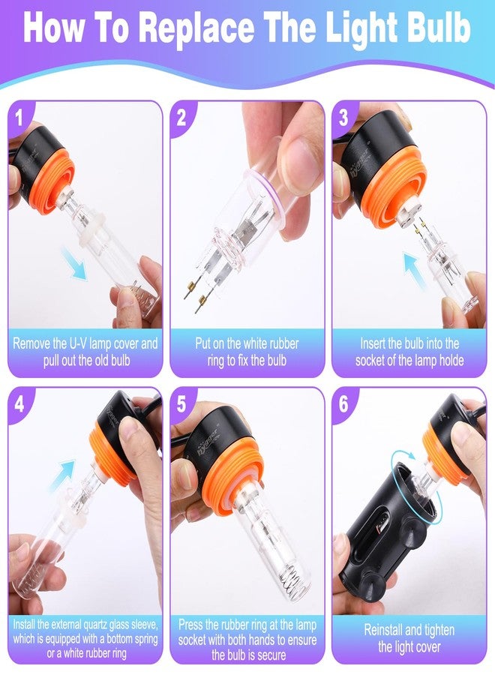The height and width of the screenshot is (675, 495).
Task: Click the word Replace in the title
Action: (197, 28)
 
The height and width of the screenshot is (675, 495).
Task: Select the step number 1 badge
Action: (19, 117)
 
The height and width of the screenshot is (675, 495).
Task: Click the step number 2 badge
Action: (181, 117)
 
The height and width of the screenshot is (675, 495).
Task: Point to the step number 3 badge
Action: (343, 117)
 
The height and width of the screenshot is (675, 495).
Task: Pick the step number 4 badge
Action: (19, 405)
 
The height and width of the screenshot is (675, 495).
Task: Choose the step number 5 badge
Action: (181, 405)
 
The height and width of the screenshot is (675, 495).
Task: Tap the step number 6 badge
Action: (343, 405)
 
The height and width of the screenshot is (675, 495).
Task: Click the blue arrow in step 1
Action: (73, 263)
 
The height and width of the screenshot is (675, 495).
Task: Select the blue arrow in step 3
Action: (414, 269)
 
